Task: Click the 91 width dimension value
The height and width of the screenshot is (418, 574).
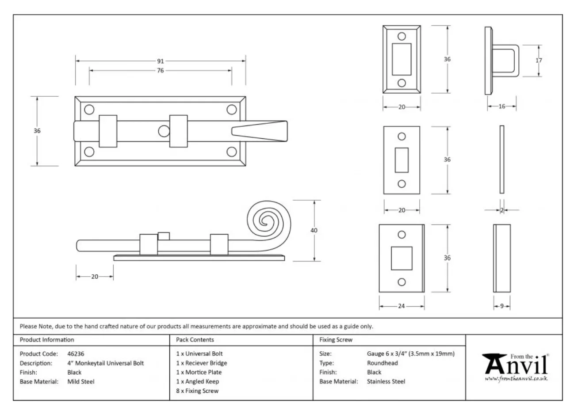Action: pyautogui.click(x=161, y=61)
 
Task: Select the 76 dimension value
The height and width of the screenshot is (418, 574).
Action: pyautogui.click(x=160, y=71)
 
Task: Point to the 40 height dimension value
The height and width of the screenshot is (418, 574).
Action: pyautogui.click(x=314, y=230)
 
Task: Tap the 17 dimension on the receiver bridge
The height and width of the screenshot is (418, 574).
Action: pyautogui.click(x=539, y=61)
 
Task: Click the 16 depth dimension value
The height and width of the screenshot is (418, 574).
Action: pyautogui.click(x=502, y=106)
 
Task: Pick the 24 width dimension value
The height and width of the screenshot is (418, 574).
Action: pyautogui.click(x=401, y=306)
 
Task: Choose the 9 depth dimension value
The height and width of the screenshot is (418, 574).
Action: pyautogui.click(x=501, y=306)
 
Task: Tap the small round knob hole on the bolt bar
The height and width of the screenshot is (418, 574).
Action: pyautogui.click(x=163, y=131)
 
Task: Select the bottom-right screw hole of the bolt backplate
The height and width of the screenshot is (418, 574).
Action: pyautogui.click(x=231, y=152)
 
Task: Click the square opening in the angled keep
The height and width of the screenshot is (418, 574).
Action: pyautogui.click(x=402, y=258)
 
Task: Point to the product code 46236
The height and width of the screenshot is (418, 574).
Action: pyautogui.click(x=76, y=354)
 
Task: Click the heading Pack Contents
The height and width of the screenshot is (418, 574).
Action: pyautogui.click(x=195, y=340)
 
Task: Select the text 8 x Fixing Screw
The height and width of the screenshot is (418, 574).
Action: pyautogui.click(x=197, y=391)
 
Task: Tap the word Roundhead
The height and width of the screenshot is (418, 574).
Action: pyautogui.click(x=382, y=363)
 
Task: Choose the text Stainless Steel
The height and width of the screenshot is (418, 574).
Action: pyautogui.click(x=386, y=382)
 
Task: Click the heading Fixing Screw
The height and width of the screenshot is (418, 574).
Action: pyautogui.click(x=336, y=340)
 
